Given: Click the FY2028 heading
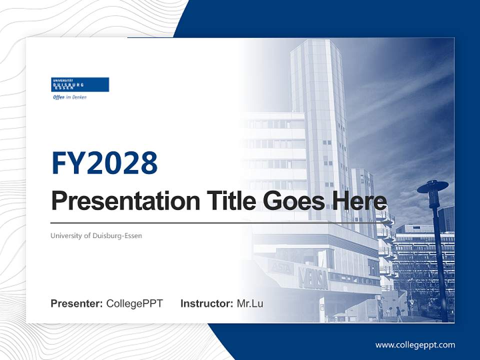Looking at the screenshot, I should point(104,163).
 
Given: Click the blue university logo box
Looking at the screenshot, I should point(80,84).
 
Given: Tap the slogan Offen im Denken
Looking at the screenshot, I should point(69,97).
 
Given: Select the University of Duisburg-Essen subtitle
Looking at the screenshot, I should point(96,235).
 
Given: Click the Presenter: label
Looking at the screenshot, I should point(76,303).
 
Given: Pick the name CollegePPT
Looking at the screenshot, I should point(134,303).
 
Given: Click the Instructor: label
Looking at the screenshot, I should point(206,303).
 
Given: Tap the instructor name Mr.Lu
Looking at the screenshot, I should point(249,303).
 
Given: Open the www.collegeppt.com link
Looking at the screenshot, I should point(415,345).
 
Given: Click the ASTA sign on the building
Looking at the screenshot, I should point(281,268).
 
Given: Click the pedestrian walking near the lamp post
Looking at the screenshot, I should point(398,313).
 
